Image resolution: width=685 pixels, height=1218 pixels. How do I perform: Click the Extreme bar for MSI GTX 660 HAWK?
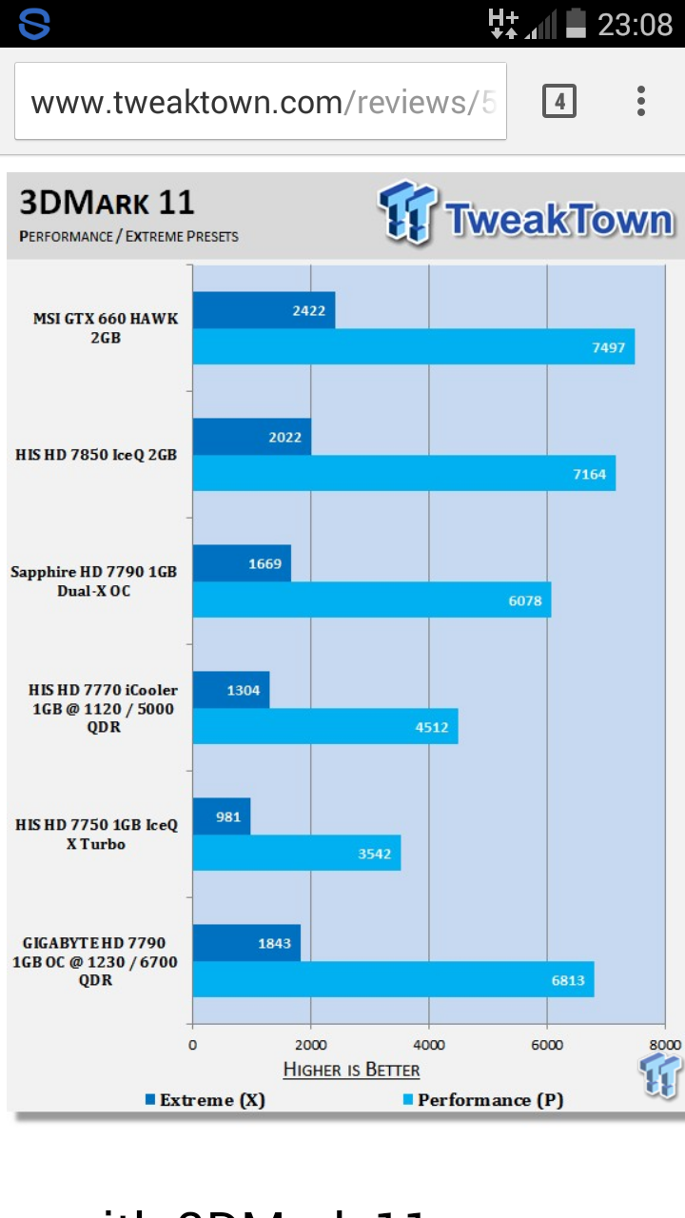(264, 310)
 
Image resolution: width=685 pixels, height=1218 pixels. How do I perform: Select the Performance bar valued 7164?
(403, 474)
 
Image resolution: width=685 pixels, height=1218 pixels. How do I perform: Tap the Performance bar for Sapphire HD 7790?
(371, 600)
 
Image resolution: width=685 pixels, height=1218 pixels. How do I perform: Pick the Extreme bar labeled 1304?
(231, 690)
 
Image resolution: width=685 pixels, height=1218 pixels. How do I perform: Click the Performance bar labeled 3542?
(296, 854)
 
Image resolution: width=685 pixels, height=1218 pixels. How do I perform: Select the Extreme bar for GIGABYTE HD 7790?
(246, 943)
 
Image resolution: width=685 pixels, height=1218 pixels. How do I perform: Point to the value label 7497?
(608, 347)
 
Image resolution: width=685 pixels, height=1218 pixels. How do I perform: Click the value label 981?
(228, 816)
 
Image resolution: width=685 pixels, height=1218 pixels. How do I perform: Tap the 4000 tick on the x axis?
(429, 1045)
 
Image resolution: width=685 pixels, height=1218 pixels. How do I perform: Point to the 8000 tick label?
(664, 1045)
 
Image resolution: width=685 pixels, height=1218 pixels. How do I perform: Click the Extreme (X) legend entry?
(205, 1100)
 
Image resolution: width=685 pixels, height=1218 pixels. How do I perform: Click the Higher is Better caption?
(351, 1071)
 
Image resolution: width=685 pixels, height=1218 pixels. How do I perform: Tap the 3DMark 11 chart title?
(107, 203)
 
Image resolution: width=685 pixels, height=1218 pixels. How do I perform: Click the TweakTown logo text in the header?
(559, 219)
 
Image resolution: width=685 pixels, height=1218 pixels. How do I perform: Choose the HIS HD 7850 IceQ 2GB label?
(96, 455)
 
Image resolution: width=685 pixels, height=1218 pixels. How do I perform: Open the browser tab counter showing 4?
(559, 101)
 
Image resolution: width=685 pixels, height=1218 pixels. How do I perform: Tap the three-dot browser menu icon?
(641, 101)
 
